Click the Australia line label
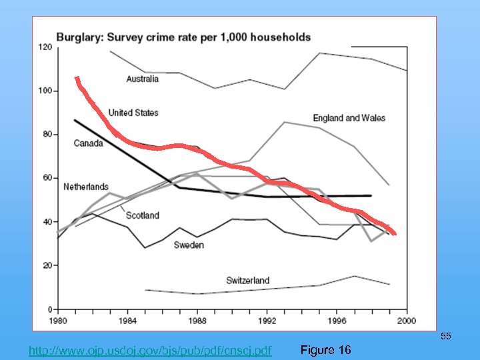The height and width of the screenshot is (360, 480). click(x=142, y=79)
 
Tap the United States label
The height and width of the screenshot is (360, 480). click(x=133, y=113)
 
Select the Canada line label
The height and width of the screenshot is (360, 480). click(x=88, y=143)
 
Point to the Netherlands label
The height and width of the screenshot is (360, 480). click(x=85, y=187)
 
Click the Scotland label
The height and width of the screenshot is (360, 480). click(x=143, y=215)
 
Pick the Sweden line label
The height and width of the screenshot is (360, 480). click(x=189, y=245)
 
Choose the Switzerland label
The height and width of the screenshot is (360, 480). click(x=247, y=281)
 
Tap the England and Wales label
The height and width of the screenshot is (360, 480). click(x=349, y=118)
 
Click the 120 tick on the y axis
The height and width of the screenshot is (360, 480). click(x=45, y=47)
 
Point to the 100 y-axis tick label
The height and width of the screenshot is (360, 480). click(x=45, y=91)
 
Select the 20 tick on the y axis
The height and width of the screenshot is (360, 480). click(x=47, y=265)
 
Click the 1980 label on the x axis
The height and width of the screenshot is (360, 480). click(x=59, y=320)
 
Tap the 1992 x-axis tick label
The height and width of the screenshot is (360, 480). click(x=266, y=320)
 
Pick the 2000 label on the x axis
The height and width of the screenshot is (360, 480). click(x=406, y=320)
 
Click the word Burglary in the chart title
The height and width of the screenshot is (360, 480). click(x=78, y=37)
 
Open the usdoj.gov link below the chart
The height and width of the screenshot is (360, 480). click(x=151, y=350)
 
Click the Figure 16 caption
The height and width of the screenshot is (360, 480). click(x=325, y=350)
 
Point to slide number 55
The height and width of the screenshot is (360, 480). click(x=446, y=337)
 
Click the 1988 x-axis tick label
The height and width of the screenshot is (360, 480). click(x=197, y=320)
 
